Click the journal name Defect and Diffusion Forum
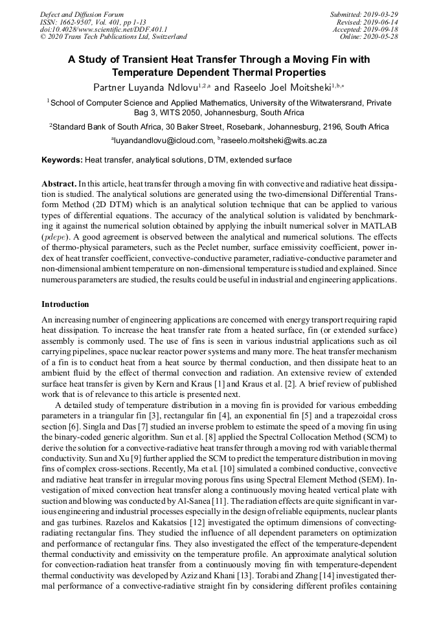(x=82, y=14)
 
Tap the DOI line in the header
(x=104, y=30)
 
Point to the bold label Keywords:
(x=62, y=160)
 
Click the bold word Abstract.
(x=58, y=184)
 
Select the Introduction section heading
(x=65, y=304)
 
